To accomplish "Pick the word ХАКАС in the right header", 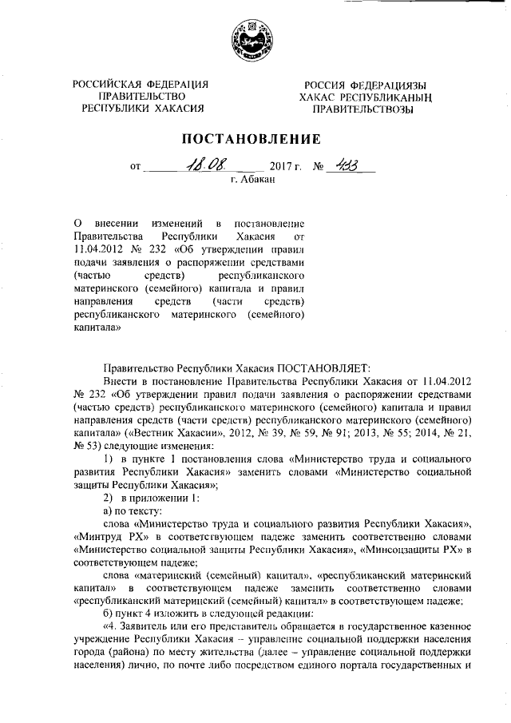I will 319,97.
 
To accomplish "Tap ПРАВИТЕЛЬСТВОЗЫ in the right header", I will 362,109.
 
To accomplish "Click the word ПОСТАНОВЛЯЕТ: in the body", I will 324,368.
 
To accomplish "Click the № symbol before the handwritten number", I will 319,168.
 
